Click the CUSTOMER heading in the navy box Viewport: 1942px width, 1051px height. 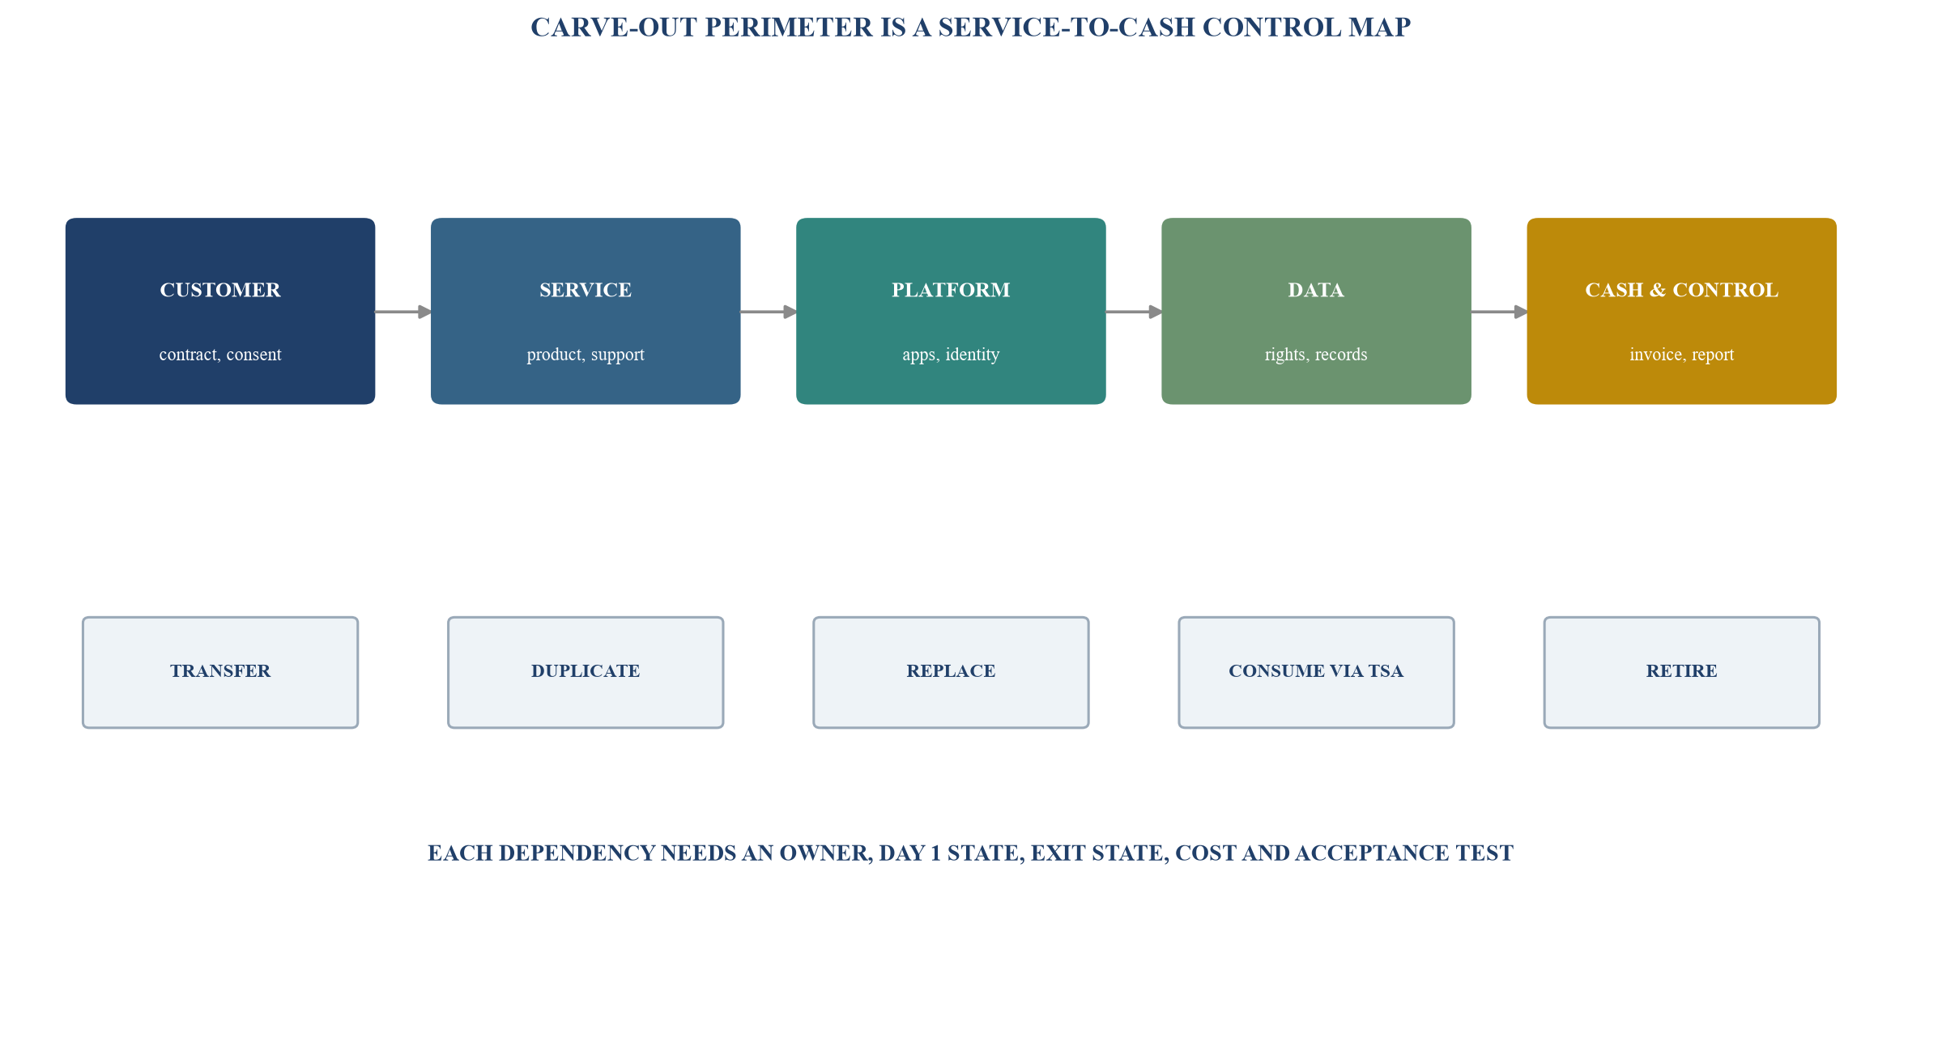point(220,290)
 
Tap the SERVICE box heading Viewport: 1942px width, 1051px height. point(586,290)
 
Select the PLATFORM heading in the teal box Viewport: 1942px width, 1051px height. point(951,290)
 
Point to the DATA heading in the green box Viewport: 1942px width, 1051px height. point(1316,290)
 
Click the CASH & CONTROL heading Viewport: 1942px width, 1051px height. point(1681,290)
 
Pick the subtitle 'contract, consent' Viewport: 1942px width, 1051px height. point(220,355)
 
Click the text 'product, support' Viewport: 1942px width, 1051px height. point(586,355)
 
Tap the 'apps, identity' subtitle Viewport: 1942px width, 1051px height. point(951,355)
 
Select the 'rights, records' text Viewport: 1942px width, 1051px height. point(1316,355)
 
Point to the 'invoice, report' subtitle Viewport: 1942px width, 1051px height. point(1681,355)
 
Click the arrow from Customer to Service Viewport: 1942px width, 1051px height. point(403,312)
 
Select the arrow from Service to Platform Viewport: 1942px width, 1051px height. point(769,312)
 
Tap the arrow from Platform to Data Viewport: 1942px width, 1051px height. point(1134,312)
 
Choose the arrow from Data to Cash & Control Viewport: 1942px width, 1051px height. point(1499,312)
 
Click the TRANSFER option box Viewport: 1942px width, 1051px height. point(220,672)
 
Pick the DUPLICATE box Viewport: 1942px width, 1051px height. point(586,672)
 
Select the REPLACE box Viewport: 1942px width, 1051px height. point(951,672)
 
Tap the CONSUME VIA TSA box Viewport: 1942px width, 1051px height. point(1316,672)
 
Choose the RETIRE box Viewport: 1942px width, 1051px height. point(1681,672)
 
